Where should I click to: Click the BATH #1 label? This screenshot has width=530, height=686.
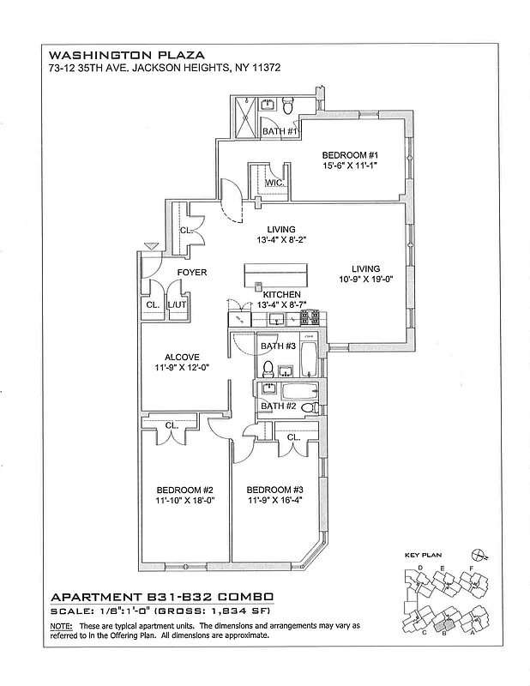(280, 131)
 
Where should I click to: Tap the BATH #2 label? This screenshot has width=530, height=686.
(279, 406)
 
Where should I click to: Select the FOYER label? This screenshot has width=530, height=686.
(191, 273)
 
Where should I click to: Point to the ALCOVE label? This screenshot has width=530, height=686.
(182, 357)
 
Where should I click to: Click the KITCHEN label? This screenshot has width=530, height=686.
(280, 294)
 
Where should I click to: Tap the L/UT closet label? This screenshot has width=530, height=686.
(177, 304)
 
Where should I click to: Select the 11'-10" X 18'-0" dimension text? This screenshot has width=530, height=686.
(178, 501)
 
